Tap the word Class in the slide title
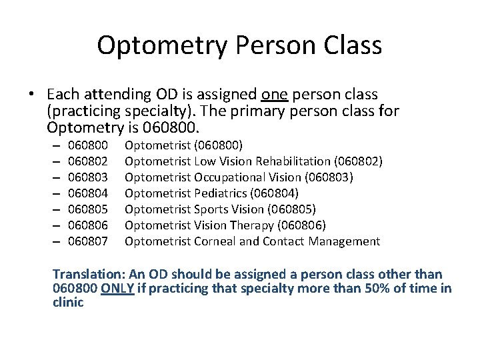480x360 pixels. [353, 46]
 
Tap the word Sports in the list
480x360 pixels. [211, 209]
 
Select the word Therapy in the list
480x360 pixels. [251, 225]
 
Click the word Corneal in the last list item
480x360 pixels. [214, 241]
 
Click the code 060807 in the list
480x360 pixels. [88, 241]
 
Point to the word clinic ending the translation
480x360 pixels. [68, 303]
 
